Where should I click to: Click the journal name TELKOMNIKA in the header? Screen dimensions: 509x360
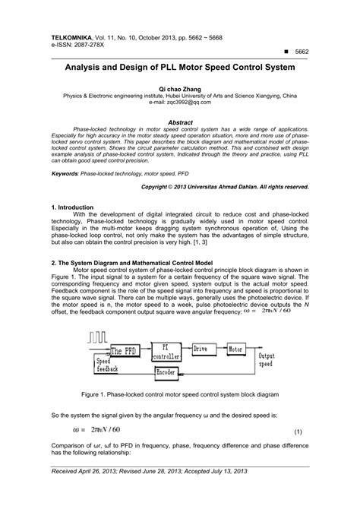coord(74,36)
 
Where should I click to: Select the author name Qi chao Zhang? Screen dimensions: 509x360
coord(179,89)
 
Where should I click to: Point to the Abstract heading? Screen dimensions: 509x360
coord(179,122)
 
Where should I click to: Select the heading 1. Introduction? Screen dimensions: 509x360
coord(72,207)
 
